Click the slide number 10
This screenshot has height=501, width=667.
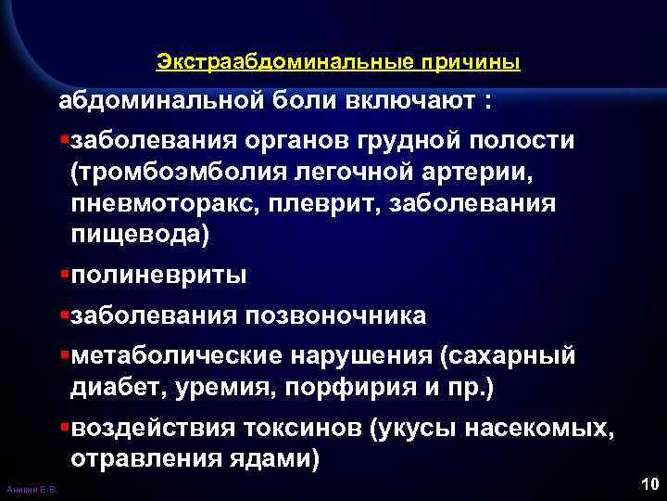648,483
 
